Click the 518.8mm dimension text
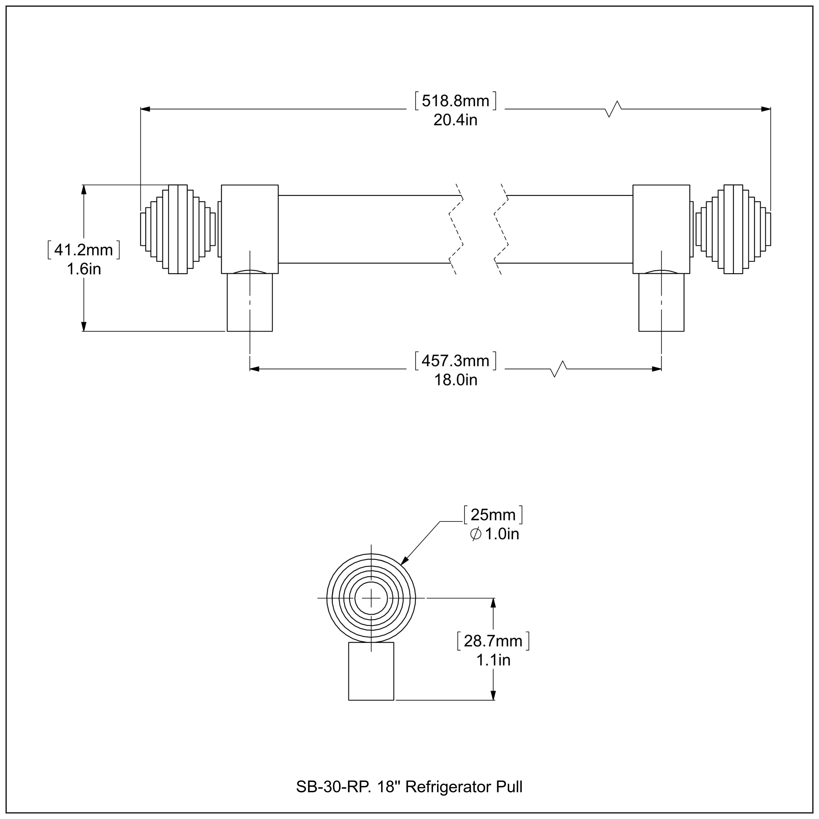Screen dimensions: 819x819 [x=455, y=101]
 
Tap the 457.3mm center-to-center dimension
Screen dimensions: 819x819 [x=455, y=361]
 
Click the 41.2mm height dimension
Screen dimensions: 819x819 [x=84, y=250]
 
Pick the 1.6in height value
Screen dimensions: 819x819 [x=84, y=269]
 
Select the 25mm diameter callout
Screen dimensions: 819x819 [x=493, y=515]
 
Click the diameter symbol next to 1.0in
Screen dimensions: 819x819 [x=475, y=534]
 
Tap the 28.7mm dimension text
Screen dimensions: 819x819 [x=493, y=641]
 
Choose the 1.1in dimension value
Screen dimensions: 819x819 [x=493, y=660]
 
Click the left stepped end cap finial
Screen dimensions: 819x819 [x=178, y=229]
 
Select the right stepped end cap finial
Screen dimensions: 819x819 [x=733, y=229]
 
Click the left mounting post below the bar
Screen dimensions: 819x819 [x=250, y=302]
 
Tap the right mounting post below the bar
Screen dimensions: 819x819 [x=661, y=302]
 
